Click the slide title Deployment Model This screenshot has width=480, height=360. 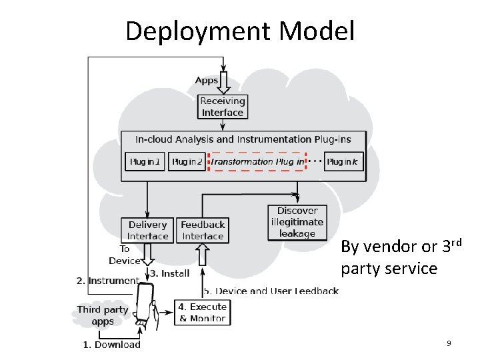pyautogui.click(x=240, y=31)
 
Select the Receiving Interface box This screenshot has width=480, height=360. pyautogui.click(x=223, y=107)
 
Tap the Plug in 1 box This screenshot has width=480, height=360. pyautogui.click(x=145, y=161)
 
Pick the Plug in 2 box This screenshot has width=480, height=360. pyautogui.click(x=187, y=161)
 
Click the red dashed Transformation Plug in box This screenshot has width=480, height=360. pyautogui.click(x=257, y=161)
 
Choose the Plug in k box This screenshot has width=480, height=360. pyautogui.click(x=344, y=161)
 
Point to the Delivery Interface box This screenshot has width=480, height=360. pyautogui.click(x=147, y=231)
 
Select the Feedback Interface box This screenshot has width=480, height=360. pyautogui.click(x=203, y=231)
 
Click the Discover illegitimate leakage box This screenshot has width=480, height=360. pyautogui.click(x=297, y=222)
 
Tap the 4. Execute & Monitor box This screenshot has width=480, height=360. pyautogui.click(x=202, y=313)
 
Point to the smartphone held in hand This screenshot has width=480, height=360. pyautogui.click(x=145, y=304)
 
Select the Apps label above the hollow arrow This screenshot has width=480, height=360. pyautogui.click(x=207, y=81)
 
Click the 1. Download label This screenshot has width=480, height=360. pyautogui.click(x=111, y=345)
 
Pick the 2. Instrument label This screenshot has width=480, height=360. pyautogui.click(x=107, y=281)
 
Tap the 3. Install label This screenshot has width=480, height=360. pyautogui.click(x=169, y=273)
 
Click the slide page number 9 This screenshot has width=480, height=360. pyautogui.click(x=449, y=343)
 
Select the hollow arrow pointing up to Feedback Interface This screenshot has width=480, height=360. pyautogui.click(x=203, y=255)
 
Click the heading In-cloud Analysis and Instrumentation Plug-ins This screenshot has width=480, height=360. pyautogui.click(x=243, y=139)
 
